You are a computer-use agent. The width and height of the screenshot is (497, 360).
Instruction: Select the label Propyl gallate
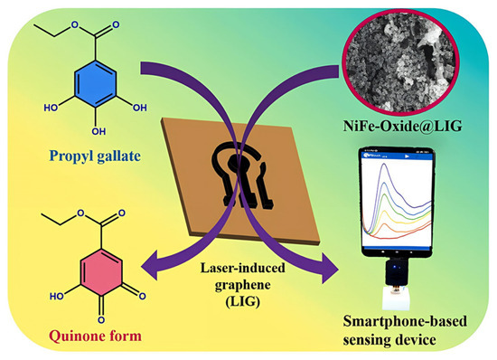(x=95, y=156)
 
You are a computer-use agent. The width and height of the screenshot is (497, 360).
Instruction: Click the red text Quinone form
(x=96, y=336)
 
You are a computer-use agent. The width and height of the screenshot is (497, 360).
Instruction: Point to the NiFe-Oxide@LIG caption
(x=402, y=127)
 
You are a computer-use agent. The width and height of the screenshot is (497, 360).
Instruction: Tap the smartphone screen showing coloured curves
(x=398, y=200)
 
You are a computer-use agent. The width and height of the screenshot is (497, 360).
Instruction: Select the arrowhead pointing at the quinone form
(x=151, y=265)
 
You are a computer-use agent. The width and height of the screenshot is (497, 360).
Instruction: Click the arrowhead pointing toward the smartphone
(x=330, y=268)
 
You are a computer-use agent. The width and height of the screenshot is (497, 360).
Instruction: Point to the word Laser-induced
(x=242, y=268)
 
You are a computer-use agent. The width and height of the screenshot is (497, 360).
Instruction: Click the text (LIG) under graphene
(x=242, y=301)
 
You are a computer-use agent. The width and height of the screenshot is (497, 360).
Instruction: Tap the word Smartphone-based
(x=405, y=321)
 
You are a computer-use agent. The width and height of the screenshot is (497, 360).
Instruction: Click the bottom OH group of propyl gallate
(x=98, y=131)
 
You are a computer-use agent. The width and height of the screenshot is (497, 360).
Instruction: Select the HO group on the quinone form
(x=57, y=297)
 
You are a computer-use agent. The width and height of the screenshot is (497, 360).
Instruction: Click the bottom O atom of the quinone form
(x=101, y=319)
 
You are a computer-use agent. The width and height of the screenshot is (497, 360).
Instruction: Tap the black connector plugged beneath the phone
(x=396, y=273)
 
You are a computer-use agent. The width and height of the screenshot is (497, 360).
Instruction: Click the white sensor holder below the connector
(x=396, y=298)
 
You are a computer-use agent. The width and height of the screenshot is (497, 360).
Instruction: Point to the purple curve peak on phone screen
(x=384, y=164)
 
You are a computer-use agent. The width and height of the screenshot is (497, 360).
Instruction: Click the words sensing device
(x=389, y=340)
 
